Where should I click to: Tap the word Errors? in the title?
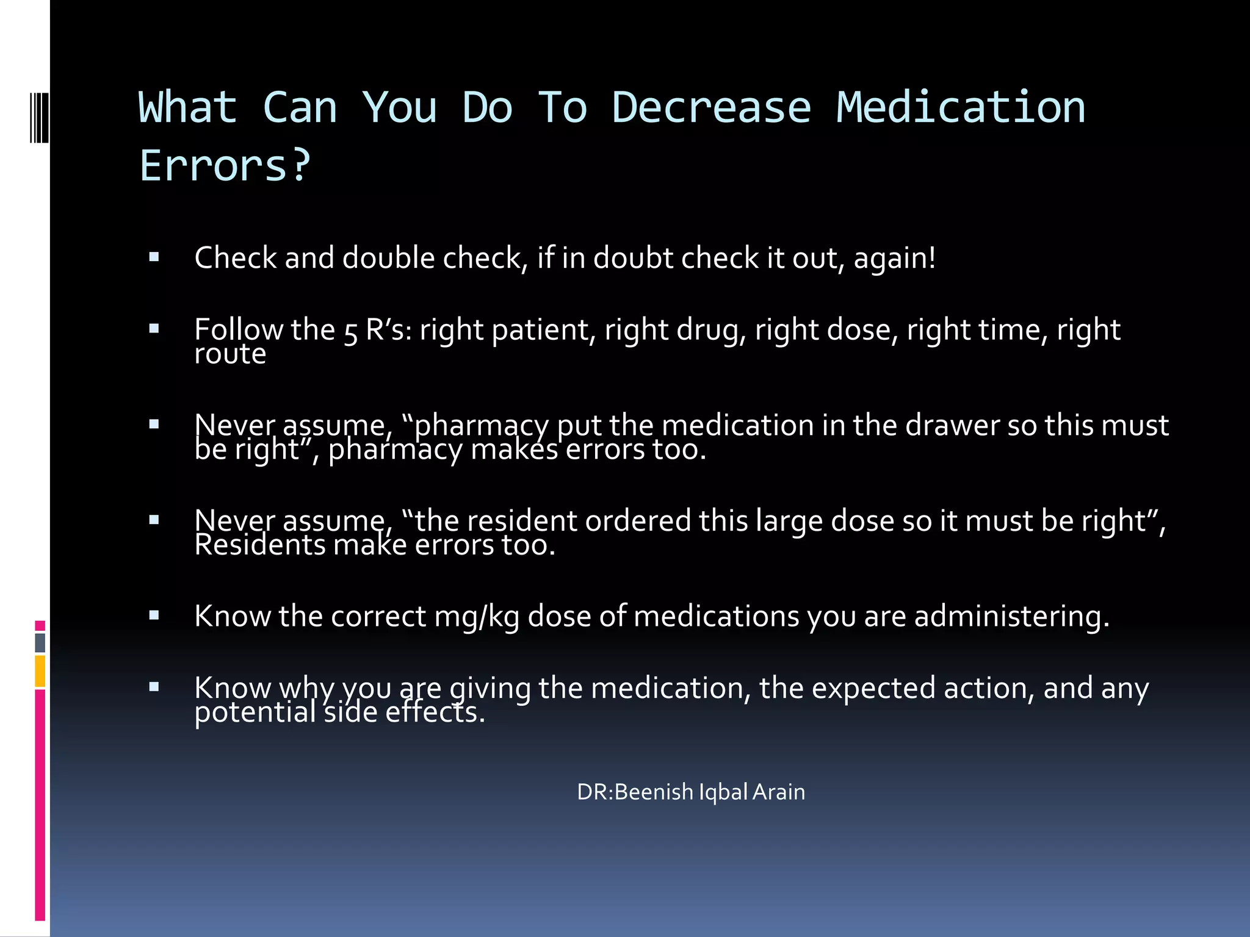pyautogui.click(x=225, y=166)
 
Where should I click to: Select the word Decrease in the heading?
pyautogui.click(x=711, y=108)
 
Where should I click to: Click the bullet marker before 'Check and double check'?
pyautogui.click(x=154, y=257)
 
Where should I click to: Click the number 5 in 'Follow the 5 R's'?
pyautogui.click(x=351, y=332)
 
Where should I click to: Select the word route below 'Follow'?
pyautogui.click(x=230, y=354)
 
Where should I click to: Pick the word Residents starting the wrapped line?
pyautogui.click(x=260, y=545)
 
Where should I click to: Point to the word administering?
pyautogui.click(x=1011, y=616)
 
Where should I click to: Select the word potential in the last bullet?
pyautogui.click(x=255, y=713)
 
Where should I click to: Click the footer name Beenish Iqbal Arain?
pyautogui.click(x=710, y=792)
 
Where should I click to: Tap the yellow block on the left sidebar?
pyautogui.click(x=40, y=671)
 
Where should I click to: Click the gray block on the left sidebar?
pyautogui.click(x=40, y=643)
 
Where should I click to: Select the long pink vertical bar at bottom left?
pyautogui.click(x=40, y=805)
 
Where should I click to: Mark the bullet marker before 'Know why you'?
pyautogui.click(x=154, y=687)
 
